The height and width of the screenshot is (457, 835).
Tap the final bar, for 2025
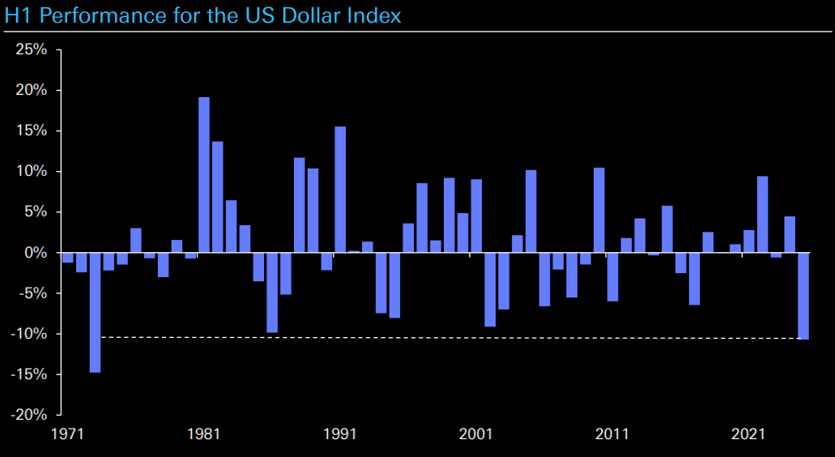[803, 296]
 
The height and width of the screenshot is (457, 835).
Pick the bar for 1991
[340, 190]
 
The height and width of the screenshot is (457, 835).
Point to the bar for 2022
[762, 215]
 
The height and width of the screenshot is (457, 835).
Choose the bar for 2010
[599, 210]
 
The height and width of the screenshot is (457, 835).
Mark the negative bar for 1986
[272, 293]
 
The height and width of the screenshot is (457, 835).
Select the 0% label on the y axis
[36, 253]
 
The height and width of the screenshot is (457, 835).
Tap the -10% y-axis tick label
[30, 334]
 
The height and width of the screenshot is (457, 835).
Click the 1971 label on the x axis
[68, 434]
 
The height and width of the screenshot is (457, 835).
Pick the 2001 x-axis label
[476, 434]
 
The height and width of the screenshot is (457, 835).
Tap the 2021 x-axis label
[748, 434]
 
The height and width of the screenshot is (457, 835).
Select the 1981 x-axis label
[204, 434]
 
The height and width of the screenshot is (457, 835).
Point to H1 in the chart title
[17, 15]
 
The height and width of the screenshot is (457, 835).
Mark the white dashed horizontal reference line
[445, 337]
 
